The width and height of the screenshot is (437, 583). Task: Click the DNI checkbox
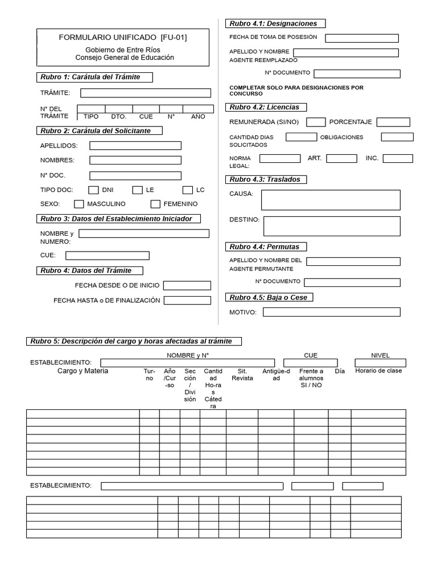point(94,190)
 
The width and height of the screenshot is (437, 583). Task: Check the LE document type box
point(138,190)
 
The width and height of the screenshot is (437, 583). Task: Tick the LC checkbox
point(188,190)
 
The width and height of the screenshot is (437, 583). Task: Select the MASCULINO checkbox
point(79,204)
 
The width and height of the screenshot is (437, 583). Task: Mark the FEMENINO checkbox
point(155,204)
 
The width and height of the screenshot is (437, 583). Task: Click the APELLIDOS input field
point(135,146)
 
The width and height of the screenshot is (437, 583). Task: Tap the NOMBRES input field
point(135,160)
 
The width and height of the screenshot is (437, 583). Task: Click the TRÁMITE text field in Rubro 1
point(145,93)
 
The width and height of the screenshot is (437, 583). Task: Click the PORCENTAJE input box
point(393,122)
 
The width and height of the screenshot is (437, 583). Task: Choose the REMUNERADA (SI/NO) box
point(316,122)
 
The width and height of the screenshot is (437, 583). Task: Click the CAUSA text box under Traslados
point(331,200)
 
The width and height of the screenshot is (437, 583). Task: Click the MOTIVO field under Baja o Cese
point(331,312)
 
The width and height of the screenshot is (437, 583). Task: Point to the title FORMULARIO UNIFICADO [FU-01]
point(123,38)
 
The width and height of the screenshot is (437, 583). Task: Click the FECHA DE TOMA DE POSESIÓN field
point(362,38)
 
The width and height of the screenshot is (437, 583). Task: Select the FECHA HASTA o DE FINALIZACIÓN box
point(187,300)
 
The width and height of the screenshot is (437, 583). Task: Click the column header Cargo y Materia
point(83,371)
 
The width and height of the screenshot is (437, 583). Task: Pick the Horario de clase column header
point(378,371)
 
